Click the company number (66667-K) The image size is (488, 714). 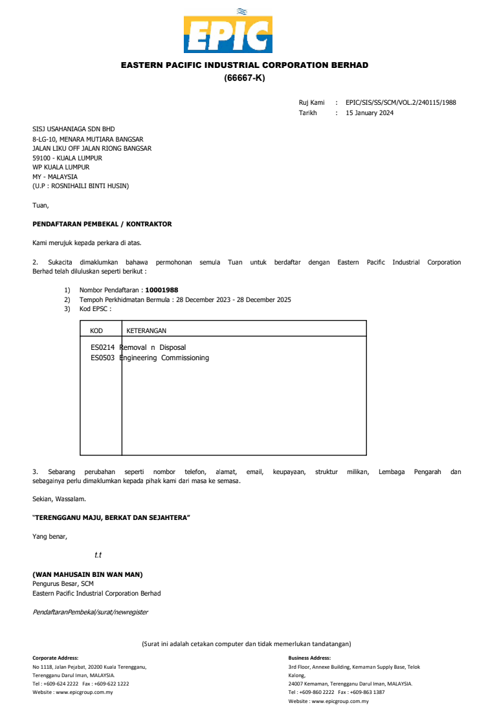coord(245,78)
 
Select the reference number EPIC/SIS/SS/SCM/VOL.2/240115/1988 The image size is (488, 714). coord(401,102)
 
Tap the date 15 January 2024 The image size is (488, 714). coord(370,113)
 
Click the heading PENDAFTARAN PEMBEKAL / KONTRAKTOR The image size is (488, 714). coord(102,224)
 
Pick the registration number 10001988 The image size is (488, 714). coord(162,290)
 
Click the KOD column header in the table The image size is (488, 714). coord(96,330)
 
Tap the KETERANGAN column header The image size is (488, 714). coord(146,330)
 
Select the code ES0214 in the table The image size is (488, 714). coord(102,347)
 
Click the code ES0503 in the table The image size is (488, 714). coord(102,358)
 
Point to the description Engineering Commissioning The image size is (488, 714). coord(166,358)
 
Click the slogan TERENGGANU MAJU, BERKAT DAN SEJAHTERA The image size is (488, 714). coord(111,518)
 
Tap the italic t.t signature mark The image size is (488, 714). coord(98,555)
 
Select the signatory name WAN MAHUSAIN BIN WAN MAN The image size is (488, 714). coord(87,574)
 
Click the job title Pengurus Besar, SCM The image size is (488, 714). coord(63,583)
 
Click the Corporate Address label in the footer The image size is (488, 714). coord(55,658)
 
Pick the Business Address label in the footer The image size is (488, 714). coord(309,658)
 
